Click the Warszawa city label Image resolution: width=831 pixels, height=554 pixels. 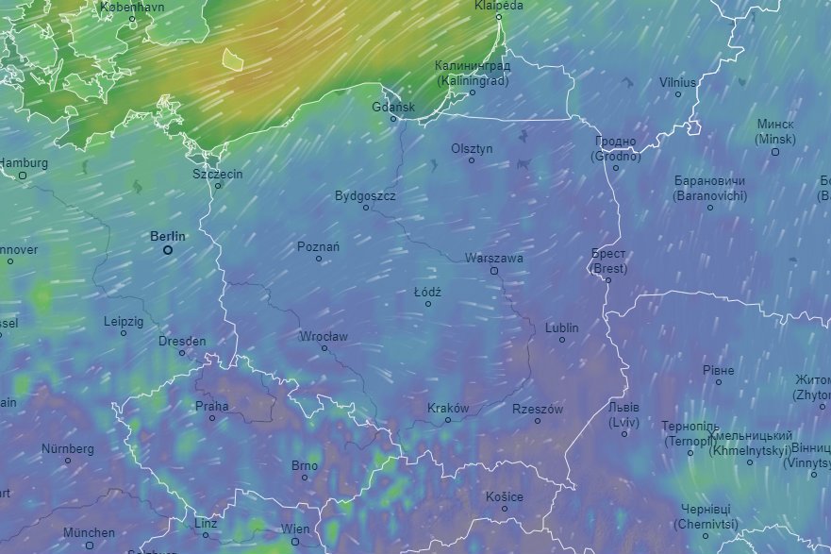(x=493, y=258)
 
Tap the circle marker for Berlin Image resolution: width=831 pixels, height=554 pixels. (x=168, y=250)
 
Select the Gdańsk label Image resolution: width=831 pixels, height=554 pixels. (x=393, y=107)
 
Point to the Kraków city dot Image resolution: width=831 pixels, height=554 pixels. (x=448, y=420)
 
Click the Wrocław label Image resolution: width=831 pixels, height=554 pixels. (x=324, y=336)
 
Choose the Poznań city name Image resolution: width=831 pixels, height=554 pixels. (x=318, y=246)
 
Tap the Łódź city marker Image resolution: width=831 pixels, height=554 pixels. (x=427, y=304)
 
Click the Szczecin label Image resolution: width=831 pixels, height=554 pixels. (x=218, y=174)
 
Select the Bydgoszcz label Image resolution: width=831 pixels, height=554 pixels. (x=365, y=196)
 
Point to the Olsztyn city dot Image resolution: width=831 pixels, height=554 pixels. (x=472, y=160)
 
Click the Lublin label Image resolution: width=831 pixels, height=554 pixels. (x=562, y=327)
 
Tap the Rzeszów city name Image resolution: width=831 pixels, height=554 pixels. (x=538, y=409)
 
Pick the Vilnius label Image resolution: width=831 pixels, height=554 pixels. (x=678, y=82)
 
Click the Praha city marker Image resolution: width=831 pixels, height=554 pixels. (x=212, y=418)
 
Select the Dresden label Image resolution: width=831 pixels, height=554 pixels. (x=182, y=341)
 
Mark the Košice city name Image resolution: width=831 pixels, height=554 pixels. (x=505, y=496)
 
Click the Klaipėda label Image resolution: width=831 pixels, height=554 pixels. (x=499, y=5)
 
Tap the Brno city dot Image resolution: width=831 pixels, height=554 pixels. (x=305, y=478)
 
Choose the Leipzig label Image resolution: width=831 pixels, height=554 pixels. (x=124, y=321)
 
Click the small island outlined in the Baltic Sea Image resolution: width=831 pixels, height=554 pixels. (x=232, y=59)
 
